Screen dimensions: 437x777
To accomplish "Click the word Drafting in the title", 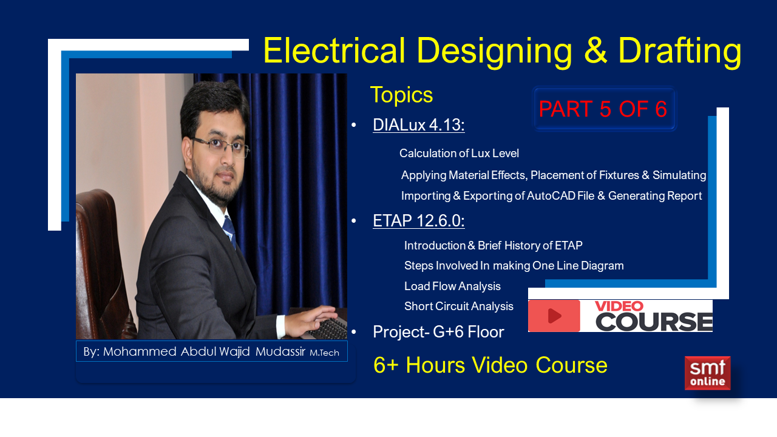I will [679, 51].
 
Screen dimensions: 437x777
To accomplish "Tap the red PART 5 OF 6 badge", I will [603, 109].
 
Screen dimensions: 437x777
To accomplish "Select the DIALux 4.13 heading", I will [419, 125].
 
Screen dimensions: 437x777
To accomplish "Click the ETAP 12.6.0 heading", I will [419, 221].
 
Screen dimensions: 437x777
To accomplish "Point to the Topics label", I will [401, 95].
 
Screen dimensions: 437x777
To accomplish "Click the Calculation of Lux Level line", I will [459, 154].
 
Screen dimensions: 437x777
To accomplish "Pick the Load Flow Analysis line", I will [452, 286].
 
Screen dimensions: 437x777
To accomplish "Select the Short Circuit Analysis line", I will [459, 307].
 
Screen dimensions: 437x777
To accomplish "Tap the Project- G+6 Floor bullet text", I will [438, 332].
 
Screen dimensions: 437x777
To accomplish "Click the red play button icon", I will [554, 316].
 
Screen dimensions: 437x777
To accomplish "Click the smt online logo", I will [707, 373].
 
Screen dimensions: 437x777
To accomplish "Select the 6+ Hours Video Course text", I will [490, 365].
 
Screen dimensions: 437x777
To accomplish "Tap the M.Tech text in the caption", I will [324, 353].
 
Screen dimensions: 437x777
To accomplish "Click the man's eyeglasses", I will [219, 146].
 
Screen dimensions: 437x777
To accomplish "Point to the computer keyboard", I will [328, 328].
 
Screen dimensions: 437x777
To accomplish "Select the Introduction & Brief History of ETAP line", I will [493, 246].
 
